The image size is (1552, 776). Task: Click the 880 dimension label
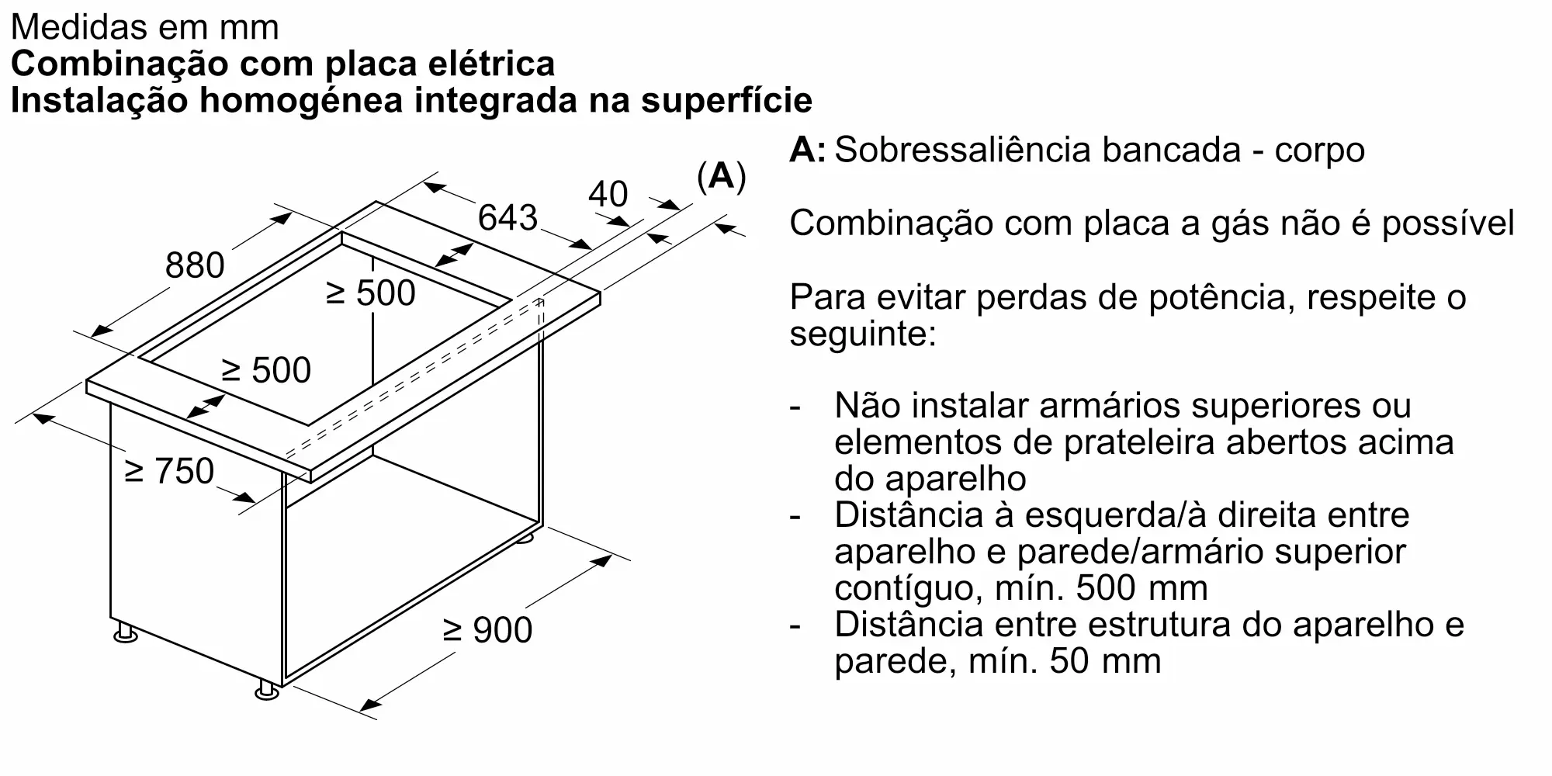click(195, 265)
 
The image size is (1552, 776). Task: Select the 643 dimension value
click(508, 217)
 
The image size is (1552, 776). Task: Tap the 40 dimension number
click(608, 194)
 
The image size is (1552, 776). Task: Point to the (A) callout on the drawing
click(721, 177)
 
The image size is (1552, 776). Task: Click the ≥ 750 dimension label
click(169, 471)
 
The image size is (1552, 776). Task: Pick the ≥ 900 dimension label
click(487, 629)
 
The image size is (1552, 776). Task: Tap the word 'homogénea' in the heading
click(298, 101)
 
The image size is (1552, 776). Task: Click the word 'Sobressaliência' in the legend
click(959, 150)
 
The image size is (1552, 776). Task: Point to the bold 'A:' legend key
click(807, 150)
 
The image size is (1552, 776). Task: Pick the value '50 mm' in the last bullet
click(1105, 661)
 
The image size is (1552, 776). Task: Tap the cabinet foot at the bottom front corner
click(267, 690)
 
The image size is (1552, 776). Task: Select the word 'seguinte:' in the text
click(862, 334)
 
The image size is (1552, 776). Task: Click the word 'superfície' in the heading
click(726, 101)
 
